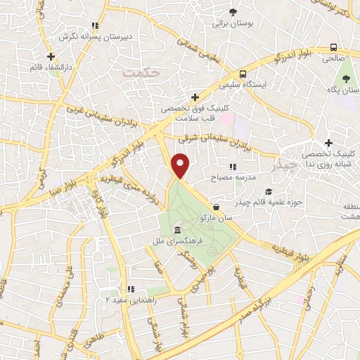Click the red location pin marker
coord(181,166)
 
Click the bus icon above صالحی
coord(333,48)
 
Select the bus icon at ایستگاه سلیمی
coord(243,73)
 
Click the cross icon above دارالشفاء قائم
coord(50,56)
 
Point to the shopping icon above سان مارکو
coord(216,207)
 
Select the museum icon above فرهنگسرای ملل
coord(176,231)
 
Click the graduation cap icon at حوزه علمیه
coord(268,191)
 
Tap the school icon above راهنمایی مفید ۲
coord(130,288)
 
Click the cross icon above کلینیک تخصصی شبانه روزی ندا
coord(328,143)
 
